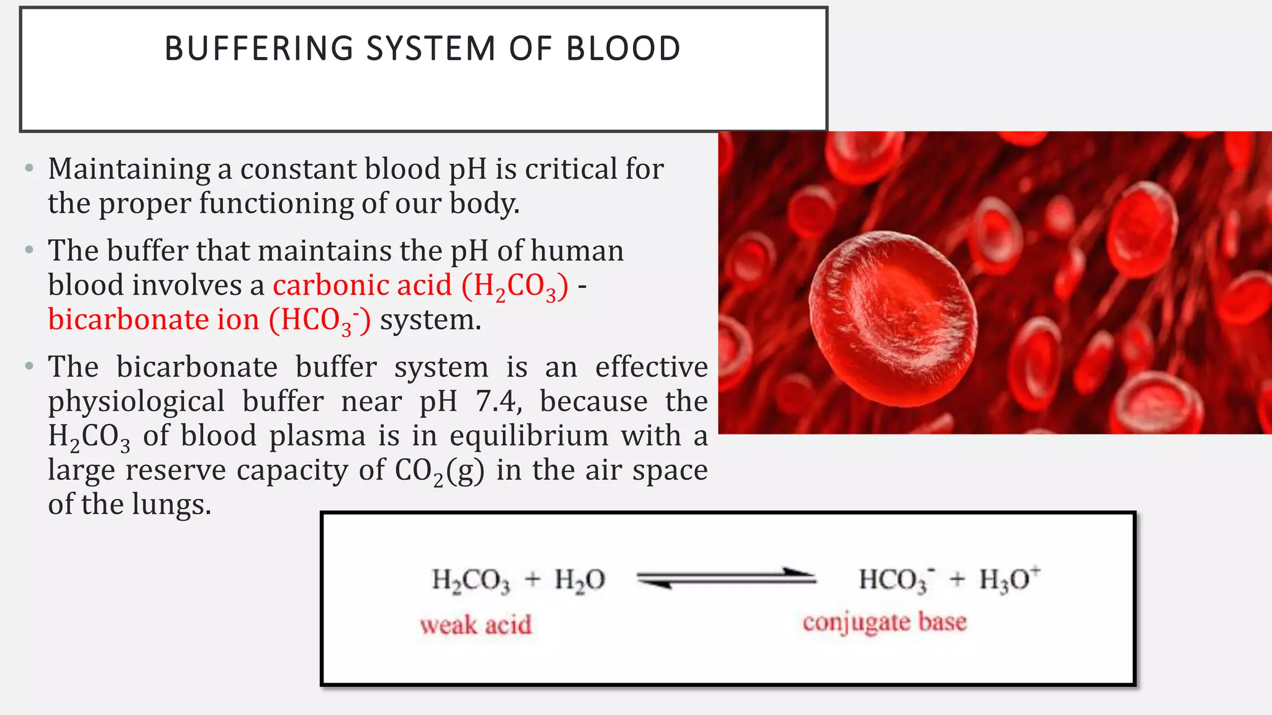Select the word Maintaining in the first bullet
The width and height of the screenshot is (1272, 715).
pyautogui.click(x=129, y=169)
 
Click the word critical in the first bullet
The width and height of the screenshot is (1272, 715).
pyautogui.click(x=570, y=169)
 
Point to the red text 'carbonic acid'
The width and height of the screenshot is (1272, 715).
pyautogui.click(x=362, y=286)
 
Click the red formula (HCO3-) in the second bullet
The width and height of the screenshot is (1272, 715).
pyautogui.click(x=320, y=320)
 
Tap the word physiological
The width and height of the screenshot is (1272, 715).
pyautogui.click(x=136, y=402)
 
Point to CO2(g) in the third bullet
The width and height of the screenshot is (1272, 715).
pyautogui.click(x=439, y=470)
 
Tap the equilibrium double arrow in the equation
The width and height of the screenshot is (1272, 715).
pyautogui.click(x=726, y=578)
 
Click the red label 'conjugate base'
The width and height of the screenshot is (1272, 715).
pyautogui.click(x=884, y=622)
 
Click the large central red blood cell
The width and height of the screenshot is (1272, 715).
pyautogui.click(x=893, y=317)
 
